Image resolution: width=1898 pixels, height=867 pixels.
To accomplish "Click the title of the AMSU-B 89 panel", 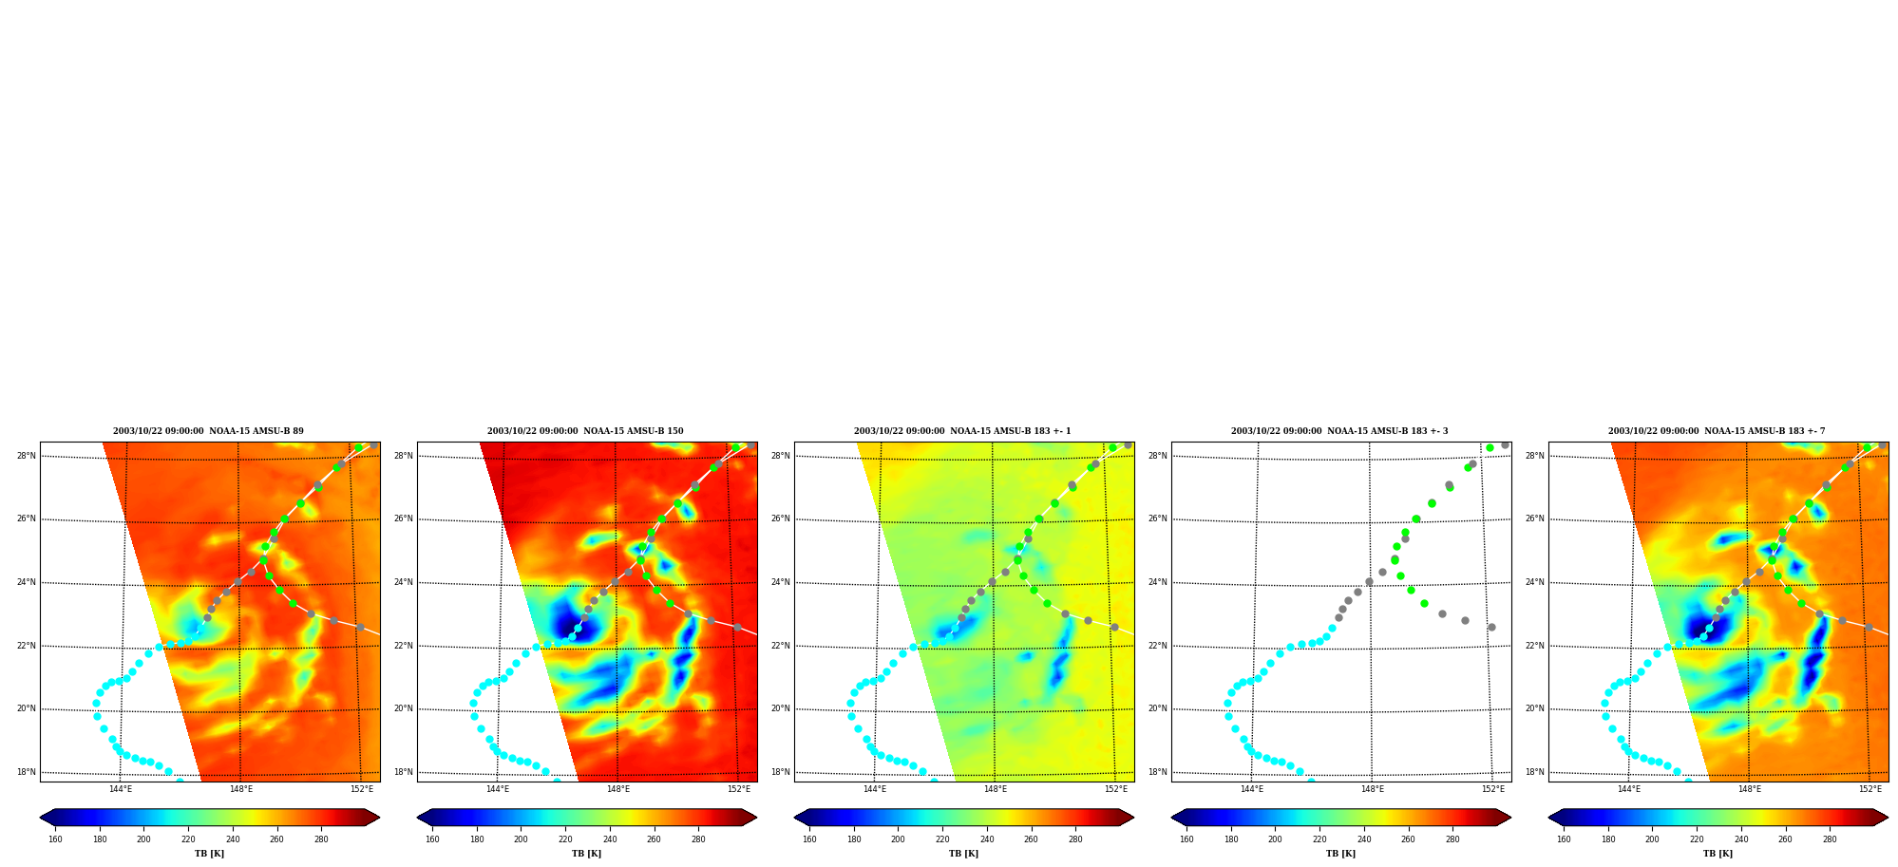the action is [209, 431].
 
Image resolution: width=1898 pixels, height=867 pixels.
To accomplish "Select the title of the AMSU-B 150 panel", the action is [585, 431].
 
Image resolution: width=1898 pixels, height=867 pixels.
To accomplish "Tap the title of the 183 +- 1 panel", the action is [962, 431].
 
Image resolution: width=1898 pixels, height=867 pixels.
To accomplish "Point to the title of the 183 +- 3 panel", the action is [1339, 431].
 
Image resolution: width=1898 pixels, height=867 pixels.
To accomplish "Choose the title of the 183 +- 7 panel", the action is [1717, 431].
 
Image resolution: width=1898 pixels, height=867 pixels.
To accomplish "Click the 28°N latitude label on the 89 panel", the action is [27, 456].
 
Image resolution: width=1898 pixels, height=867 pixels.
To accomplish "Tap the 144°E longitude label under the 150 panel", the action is [498, 789].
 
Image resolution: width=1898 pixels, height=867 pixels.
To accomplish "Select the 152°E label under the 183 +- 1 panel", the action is [1116, 789].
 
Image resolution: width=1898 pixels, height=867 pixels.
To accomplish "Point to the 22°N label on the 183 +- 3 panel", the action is [1158, 646].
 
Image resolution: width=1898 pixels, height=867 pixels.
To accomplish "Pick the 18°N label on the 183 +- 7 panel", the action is [1535, 772].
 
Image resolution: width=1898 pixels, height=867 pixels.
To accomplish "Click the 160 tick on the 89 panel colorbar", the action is [55, 839].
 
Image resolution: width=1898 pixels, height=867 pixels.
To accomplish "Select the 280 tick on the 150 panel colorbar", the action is [698, 839].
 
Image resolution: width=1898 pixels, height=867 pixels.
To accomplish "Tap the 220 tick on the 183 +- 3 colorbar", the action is [1319, 839].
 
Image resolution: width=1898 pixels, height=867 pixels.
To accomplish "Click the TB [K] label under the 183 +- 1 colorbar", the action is [963, 854].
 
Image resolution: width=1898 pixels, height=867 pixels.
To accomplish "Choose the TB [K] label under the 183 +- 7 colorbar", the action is [1718, 854].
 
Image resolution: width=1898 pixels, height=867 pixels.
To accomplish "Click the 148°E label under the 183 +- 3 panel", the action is [1373, 789].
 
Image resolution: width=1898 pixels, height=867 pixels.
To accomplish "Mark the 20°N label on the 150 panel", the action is [404, 708].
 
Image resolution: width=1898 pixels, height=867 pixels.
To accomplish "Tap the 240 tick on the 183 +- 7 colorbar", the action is [1741, 839].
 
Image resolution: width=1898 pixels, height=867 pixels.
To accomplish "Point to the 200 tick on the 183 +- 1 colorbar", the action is [898, 839].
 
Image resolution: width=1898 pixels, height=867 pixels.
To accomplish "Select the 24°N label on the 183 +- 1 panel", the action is [781, 582].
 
